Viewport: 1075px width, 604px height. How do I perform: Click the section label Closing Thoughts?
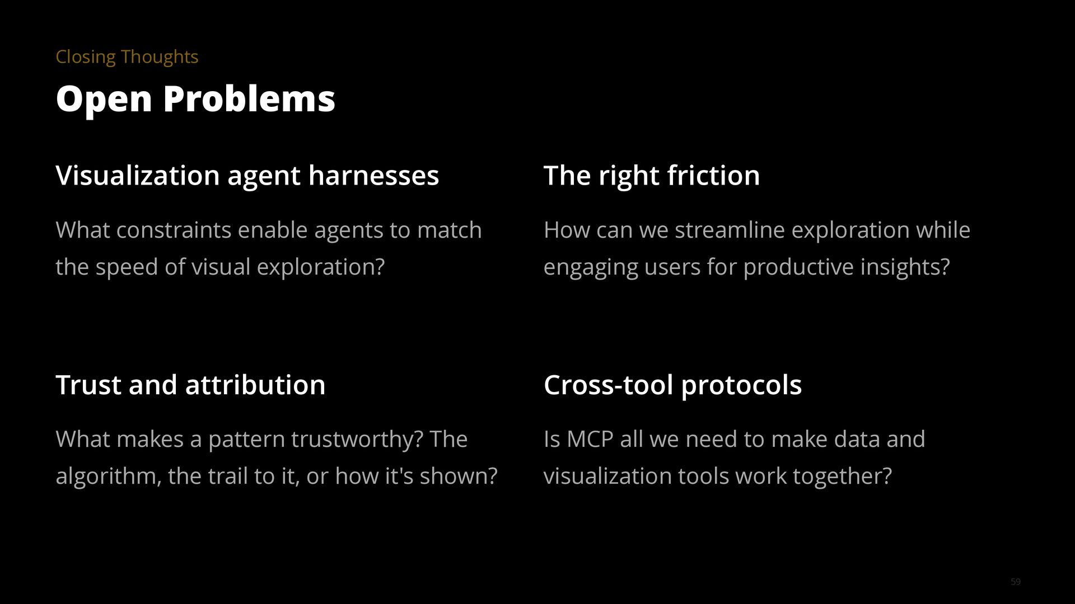(127, 57)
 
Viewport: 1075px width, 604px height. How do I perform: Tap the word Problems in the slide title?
(249, 99)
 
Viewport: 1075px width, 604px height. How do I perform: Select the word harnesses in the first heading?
(373, 176)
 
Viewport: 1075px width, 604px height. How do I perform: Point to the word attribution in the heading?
(255, 385)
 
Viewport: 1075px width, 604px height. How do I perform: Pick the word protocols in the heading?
(741, 385)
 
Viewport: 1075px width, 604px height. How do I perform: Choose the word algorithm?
(105, 476)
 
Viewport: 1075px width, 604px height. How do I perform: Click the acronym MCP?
(590, 440)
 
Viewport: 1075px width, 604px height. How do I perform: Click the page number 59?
(1016, 582)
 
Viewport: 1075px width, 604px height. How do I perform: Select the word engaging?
(590, 267)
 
